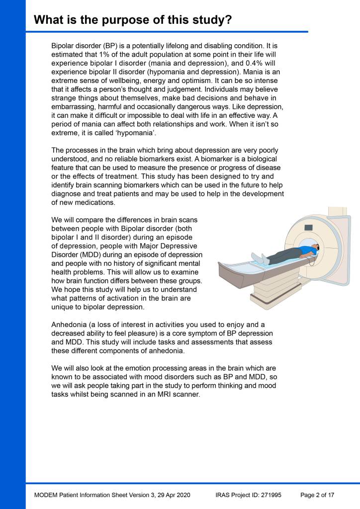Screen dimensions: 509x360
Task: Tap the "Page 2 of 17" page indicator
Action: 317,495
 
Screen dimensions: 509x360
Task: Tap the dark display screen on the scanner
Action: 308,227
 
